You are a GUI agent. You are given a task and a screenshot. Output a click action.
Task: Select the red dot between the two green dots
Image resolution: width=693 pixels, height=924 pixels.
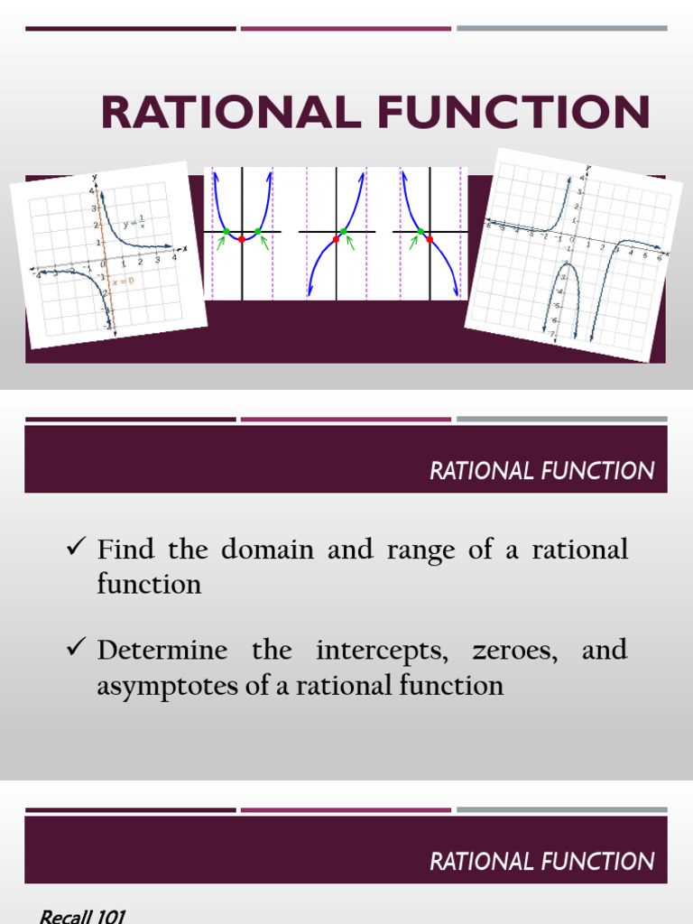tap(242, 239)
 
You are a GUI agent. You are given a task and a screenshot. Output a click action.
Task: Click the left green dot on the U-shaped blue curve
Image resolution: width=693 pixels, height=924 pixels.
tap(226, 232)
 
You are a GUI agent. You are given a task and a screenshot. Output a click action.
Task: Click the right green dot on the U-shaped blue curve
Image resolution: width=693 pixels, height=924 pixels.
tap(258, 232)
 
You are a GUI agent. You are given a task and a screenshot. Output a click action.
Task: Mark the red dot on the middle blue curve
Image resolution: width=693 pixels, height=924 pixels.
tap(337, 239)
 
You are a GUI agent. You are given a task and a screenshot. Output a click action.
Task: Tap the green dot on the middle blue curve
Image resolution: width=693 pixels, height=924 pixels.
tap(344, 232)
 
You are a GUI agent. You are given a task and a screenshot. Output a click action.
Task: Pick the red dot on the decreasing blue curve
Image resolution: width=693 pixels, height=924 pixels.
tap(429, 239)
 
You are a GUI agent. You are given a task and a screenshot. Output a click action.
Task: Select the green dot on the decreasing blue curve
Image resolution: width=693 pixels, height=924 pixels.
tap(420, 232)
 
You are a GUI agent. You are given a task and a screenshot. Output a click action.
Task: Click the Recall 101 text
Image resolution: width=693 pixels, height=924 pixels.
tap(81, 916)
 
